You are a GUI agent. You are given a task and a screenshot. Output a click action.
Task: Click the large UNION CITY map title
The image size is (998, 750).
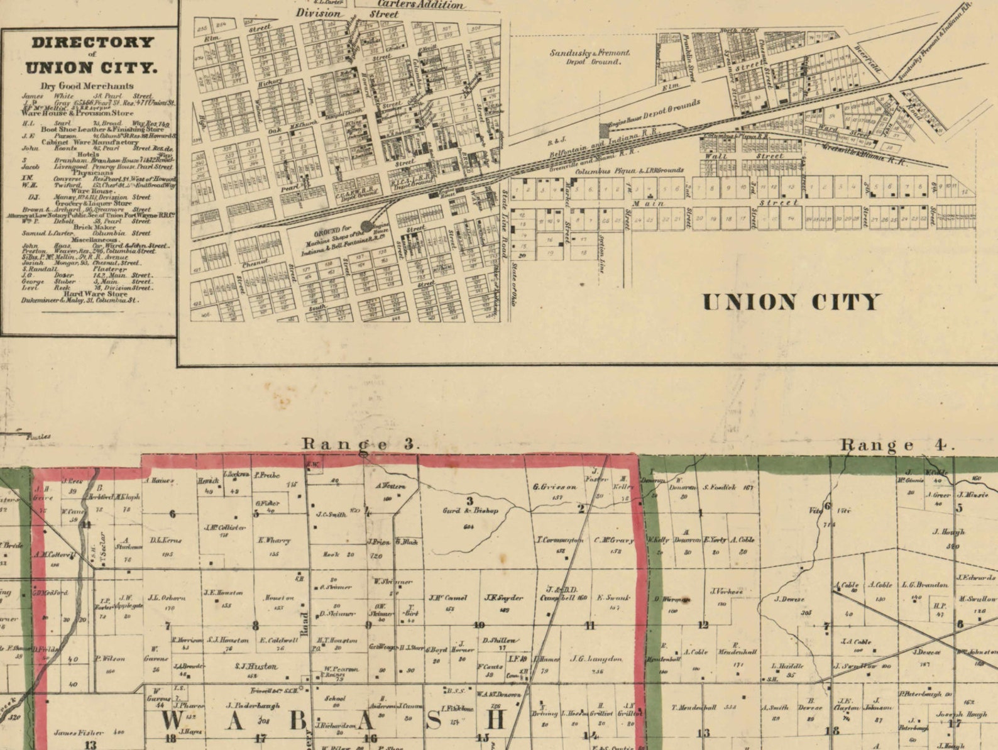tap(791, 302)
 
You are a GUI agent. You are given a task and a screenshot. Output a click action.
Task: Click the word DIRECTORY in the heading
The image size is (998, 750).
tap(92, 43)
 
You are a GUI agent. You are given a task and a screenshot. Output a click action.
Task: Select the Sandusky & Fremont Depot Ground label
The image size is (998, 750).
tap(589, 57)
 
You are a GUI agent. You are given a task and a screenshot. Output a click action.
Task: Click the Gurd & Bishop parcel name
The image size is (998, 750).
tap(470, 510)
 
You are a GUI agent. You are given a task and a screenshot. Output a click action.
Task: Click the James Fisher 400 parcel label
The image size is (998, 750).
tap(89, 732)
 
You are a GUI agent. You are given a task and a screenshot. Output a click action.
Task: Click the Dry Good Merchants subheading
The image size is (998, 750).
tap(87, 86)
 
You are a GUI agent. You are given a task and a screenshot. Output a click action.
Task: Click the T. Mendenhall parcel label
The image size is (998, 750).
tap(694, 707)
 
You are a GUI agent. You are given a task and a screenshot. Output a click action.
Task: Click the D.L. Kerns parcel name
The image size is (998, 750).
tap(167, 541)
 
